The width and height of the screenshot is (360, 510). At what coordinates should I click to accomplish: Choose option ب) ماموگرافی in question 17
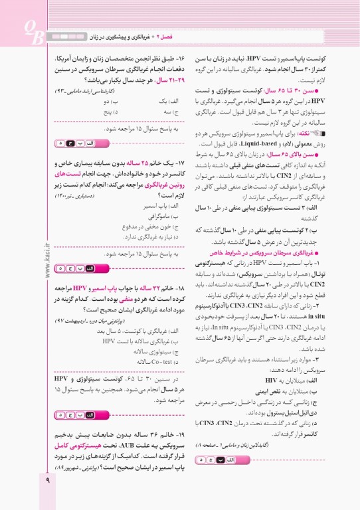tap(160, 216)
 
